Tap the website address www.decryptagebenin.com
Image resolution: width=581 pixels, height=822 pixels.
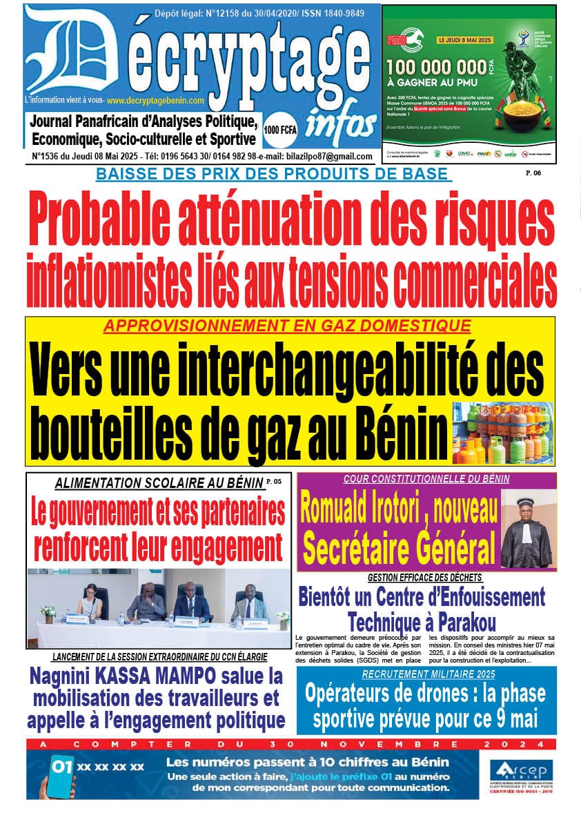tap(157, 101)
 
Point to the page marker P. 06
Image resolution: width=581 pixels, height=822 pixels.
tap(533, 173)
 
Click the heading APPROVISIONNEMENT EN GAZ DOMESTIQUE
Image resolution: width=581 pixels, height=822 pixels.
tap(287, 326)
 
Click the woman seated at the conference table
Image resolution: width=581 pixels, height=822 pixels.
tap(90, 600)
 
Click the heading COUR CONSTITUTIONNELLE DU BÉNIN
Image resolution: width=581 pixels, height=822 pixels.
tap(426, 478)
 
